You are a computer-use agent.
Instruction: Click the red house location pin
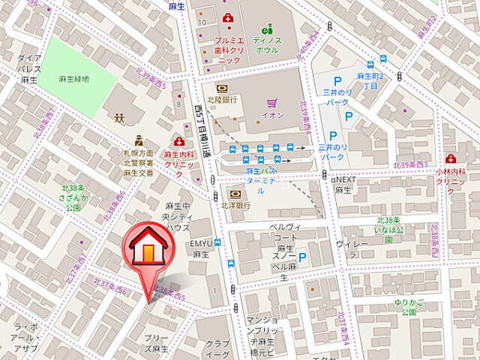point(148,252)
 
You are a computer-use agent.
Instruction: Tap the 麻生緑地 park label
point(74,78)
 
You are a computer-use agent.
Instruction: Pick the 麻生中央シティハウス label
point(178,217)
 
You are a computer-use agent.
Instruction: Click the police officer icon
point(138,140)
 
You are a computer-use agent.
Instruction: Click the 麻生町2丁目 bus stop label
point(370,81)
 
